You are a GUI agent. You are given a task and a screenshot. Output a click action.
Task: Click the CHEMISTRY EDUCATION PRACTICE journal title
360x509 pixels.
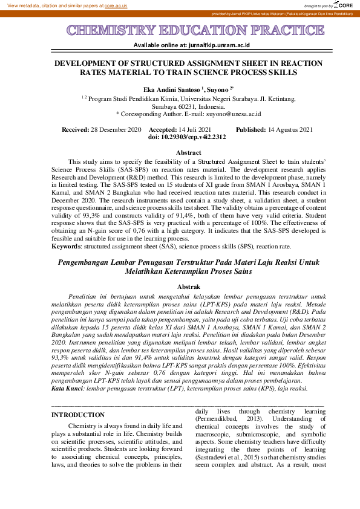[180, 31]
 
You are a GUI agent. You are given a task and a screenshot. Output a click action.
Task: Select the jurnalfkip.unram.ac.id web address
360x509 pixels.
[210, 45]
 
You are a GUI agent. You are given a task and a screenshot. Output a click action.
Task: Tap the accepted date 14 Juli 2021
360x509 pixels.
[195, 129]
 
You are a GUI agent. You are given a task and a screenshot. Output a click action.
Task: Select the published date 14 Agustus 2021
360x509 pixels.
[290, 129]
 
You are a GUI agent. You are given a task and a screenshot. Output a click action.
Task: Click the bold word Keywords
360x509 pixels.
[66, 247]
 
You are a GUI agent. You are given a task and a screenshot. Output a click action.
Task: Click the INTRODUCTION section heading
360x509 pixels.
[78, 398]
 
